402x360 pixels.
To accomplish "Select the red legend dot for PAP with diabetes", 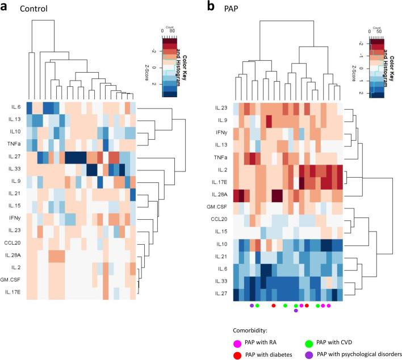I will (237, 354).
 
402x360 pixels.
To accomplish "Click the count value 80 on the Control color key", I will (174, 30).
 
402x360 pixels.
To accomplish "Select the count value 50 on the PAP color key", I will (380, 30).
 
